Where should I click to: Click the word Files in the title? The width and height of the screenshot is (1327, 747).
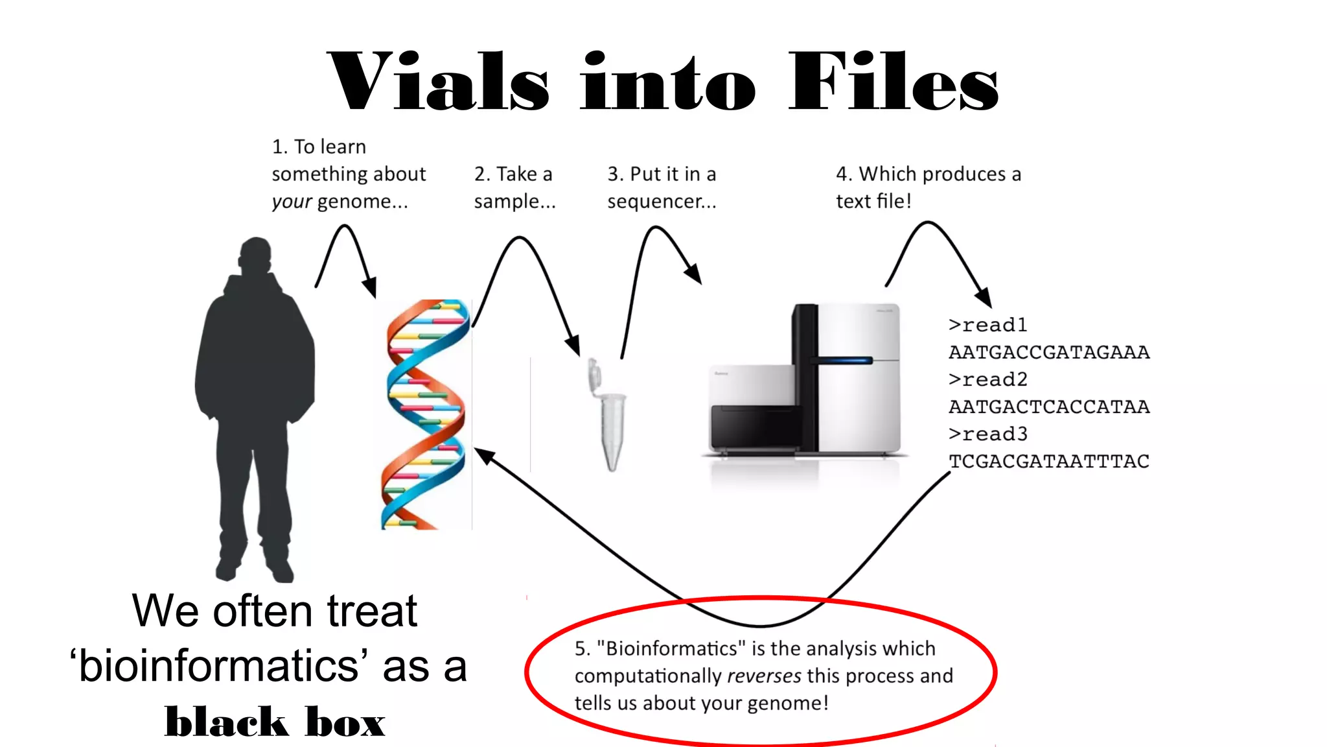tap(894, 83)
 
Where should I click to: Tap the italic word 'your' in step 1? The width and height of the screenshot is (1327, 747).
tap(291, 202)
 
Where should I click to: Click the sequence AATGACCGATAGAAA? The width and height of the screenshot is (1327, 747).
tap(1049, 352)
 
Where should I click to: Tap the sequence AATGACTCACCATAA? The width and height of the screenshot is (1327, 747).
tap(1049, 407)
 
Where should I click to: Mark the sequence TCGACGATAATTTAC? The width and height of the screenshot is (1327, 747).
tap(1049, 461)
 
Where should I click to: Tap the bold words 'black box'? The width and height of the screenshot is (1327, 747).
tap(275, 722)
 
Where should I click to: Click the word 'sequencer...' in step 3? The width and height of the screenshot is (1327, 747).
tap(662, 202)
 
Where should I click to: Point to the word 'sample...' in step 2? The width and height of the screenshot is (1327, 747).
tap(514, 202)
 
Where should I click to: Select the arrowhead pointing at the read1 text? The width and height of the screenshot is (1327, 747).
tap(984, 298)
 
